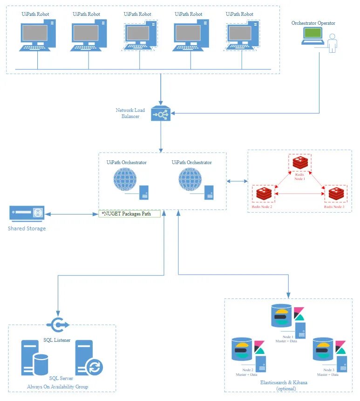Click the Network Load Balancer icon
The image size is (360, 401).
(x=161, y=114)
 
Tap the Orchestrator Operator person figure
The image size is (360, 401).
(x=332, y=43)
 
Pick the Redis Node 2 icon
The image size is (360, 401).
(x=263, y=194)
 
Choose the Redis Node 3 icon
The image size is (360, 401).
(x=335, y=194)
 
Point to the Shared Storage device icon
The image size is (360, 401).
(x=27, y=214)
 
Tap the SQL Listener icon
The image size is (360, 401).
(x=57, y=325)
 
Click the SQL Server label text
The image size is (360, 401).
(x=61, y=379)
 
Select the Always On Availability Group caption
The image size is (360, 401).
(x=57, y=387)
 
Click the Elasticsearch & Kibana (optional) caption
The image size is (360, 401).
(x=286, y=385)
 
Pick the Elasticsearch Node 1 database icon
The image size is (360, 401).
(x=281, y=316)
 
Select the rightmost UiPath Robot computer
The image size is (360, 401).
(x=241, y=36)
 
